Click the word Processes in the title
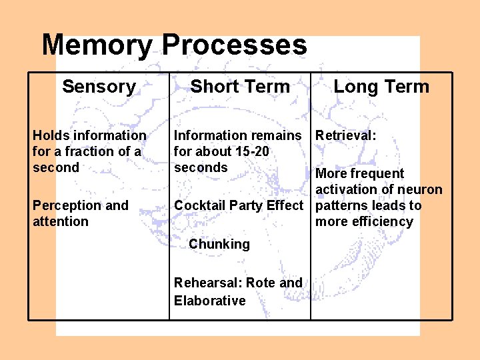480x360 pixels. pos(234,45)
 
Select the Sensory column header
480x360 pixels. pos(99,86)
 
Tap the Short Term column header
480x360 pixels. pos(240,86)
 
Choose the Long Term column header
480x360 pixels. pos(381,86)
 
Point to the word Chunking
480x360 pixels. pos(219,244)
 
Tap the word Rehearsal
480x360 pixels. pos(202,283)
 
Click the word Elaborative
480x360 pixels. pos(209,301)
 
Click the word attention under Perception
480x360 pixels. pos(60,221)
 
